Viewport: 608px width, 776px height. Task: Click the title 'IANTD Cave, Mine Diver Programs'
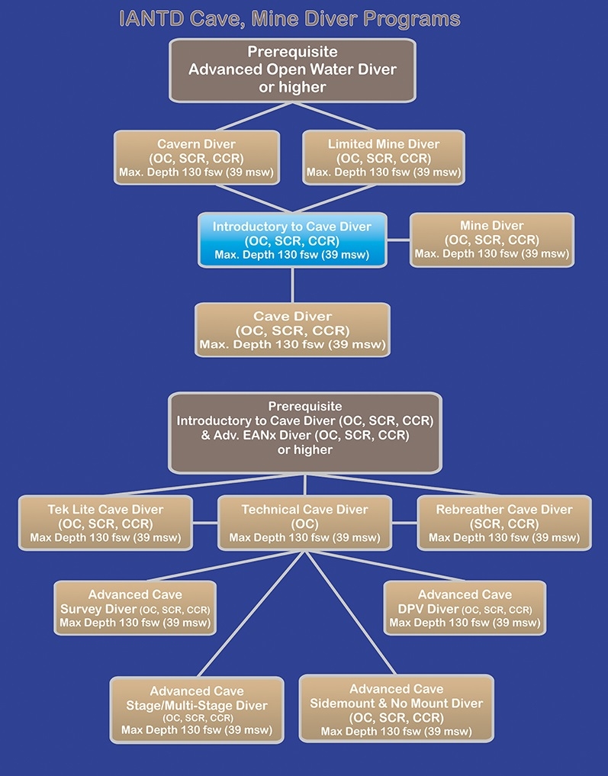click(x=290, y=19)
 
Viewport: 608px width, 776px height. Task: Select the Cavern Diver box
click(x=196, y=158)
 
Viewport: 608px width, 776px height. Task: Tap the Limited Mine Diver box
click(x=384, y=158)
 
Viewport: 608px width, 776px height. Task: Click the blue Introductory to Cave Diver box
click(x=292, y=240)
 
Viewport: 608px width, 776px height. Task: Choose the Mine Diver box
click(x=492, y=240)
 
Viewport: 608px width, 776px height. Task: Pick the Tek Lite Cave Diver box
click(x=105, y=523)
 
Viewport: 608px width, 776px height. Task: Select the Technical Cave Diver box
click(x=304, y=523)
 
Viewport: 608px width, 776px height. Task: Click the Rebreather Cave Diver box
click(x=504, y=523)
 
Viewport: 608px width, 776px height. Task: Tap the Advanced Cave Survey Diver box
click(x=135, y=608)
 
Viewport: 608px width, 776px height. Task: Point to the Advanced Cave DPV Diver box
click(x=465, y=608)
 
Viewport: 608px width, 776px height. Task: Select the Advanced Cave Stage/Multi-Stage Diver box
click(x=197, y=710)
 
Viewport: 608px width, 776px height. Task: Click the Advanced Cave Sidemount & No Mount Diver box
click(x=396, y=709)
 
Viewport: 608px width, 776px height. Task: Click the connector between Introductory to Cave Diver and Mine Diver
click(x=399, y=240)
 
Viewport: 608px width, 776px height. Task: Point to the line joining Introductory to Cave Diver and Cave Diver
click(x=292, y=285)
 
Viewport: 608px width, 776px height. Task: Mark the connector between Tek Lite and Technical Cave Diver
click(x=205, y=523)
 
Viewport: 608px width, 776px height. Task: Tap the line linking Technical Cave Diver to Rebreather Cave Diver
click(x=404, y=523)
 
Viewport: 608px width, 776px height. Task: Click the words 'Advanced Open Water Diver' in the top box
click(x=292, y=69)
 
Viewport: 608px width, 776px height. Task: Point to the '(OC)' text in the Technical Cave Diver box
click(x=304, y=523)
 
